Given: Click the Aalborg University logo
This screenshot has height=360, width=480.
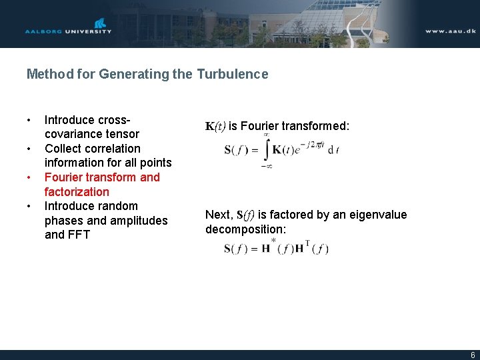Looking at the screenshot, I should pyautogui.click(x=68, y=27).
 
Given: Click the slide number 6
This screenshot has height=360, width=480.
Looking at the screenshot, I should pyautogui.click(x=473, y=355).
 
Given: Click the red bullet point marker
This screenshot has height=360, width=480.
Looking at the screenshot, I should pyautogui.click(x=29, y=177).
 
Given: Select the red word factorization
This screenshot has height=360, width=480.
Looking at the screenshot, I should pyautogui.click(x=77, y=192).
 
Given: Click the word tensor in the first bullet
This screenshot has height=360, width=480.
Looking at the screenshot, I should pyautogui.click(x=122, y=134).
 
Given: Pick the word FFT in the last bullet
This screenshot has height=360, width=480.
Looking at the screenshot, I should pyautogui.click(x=77, y=235).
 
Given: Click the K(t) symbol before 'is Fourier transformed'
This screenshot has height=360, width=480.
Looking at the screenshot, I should pyautogui.click(x=216, y=127).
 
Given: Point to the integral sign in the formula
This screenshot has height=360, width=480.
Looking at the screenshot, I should pyautogui.click(x=267, y=150).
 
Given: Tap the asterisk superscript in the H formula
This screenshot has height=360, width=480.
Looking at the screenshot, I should pyautogui.click(x=273, y=241).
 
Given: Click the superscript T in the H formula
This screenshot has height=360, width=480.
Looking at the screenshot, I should pyautogui.click(x=307, y=243).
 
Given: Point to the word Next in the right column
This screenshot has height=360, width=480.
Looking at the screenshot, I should pyautogui.click(x=218, y=215).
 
